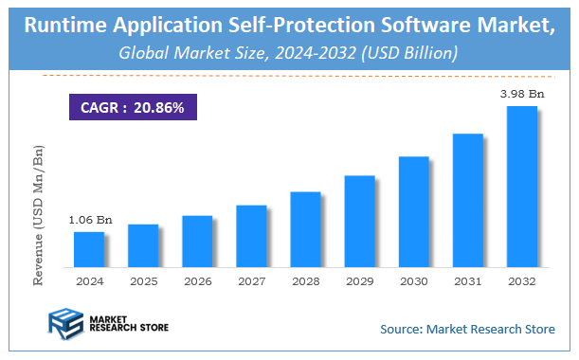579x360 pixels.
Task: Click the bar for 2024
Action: coord(89,248)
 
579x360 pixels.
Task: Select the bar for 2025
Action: coord(143,244)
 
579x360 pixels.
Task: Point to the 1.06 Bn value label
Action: coord(90,220)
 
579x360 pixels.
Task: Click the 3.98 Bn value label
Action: coord(523,94)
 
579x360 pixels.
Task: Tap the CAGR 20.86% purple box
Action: coord(133,107)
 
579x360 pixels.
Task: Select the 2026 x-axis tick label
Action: coord(197,281)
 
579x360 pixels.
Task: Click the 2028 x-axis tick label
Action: coord(305,281)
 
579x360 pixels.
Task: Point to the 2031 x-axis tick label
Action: coord(468,281)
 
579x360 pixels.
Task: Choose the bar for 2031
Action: coord(468,200)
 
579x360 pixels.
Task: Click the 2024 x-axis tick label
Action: coord(89,281)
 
